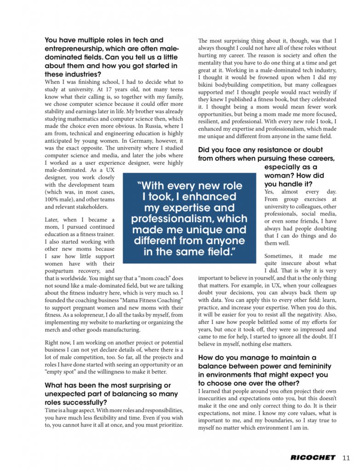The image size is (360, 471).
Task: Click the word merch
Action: pos(54,330)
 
